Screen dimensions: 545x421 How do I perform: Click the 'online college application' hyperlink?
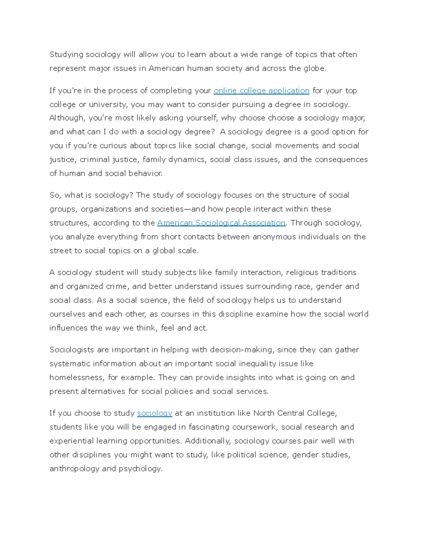click(x=261, y=91)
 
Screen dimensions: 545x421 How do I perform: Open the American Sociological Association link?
click(x=221, y=223)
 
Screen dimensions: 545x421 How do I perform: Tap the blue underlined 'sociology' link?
click(x=154, y=413)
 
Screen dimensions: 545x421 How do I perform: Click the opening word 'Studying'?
click(x=66, y=55)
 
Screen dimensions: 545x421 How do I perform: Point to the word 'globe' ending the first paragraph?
click(x=314, y=68)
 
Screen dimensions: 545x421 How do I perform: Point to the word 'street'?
click(x=60, y=251)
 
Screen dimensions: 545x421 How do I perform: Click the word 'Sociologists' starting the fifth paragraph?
click(x=72, y=350)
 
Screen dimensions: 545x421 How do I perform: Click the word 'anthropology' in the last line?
click(x=74, y=469)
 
